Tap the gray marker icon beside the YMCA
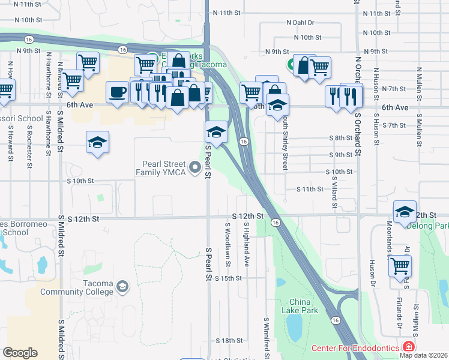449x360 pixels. click(x=194, y=168)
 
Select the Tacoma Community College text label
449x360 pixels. click(x=77, y=287)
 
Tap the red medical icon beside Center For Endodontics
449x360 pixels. click(x=408, y=347)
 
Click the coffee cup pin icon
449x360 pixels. click(x=116, y=92)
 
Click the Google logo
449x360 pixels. click(x=20, y=353)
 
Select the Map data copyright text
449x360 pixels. click(x=424, y=355)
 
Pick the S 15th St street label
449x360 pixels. click(x=228, y=278)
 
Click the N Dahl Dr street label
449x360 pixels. click(x=300, y=23)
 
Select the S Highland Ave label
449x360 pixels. click(x=247, y=244)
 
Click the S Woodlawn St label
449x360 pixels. click(x=228, y=244)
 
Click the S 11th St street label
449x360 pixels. click(x=310, y=189)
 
